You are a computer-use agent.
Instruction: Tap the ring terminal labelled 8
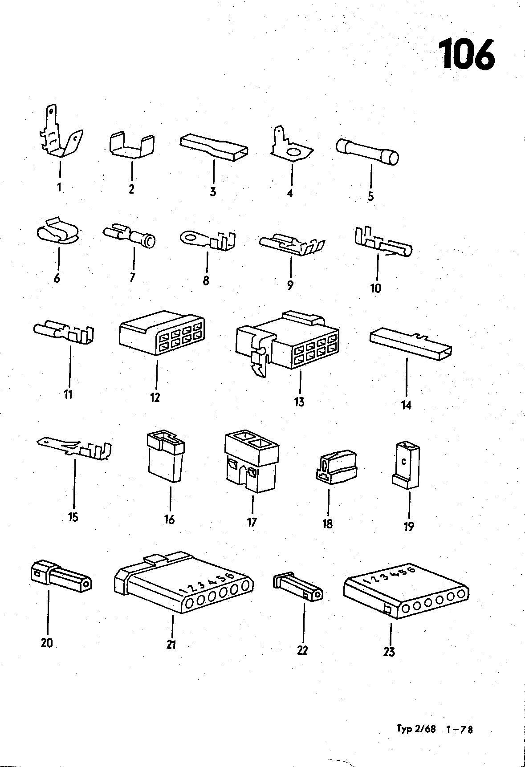tap(208, 239)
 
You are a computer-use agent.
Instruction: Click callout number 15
tap(73, 517)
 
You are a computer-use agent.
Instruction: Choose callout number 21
tap(171, 644)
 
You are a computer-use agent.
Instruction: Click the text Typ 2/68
tap(416, 729)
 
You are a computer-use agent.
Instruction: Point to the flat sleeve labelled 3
tap(214, 148)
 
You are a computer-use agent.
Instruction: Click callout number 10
tap(375, 288)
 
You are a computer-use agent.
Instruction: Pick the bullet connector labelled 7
tap(130, 236)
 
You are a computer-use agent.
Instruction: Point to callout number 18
tap(327, 524)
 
